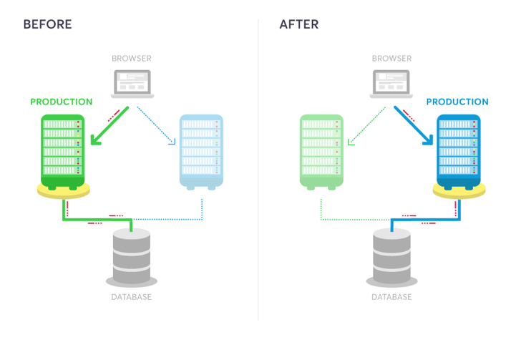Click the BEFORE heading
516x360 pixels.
47,24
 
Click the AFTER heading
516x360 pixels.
299,24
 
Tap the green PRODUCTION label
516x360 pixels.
61,102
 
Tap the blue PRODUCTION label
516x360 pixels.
457,102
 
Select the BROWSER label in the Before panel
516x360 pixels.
132,58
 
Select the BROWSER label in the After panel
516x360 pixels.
391,58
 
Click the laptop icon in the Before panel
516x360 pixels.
132,84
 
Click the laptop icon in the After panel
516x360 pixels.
391,84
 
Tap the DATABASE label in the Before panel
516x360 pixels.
132,297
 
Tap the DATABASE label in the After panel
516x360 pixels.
391,297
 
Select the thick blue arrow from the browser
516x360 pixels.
414,126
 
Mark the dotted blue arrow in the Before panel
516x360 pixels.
155,126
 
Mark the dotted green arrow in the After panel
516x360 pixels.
367,126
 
